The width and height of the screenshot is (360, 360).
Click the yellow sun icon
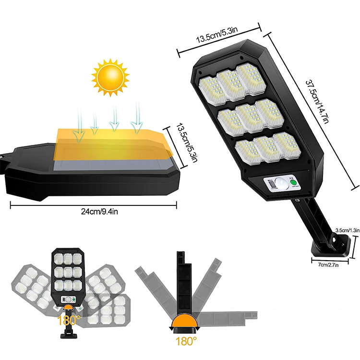[x=110, y=77]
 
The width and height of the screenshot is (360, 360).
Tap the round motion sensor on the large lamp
[x=279, y=184]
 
